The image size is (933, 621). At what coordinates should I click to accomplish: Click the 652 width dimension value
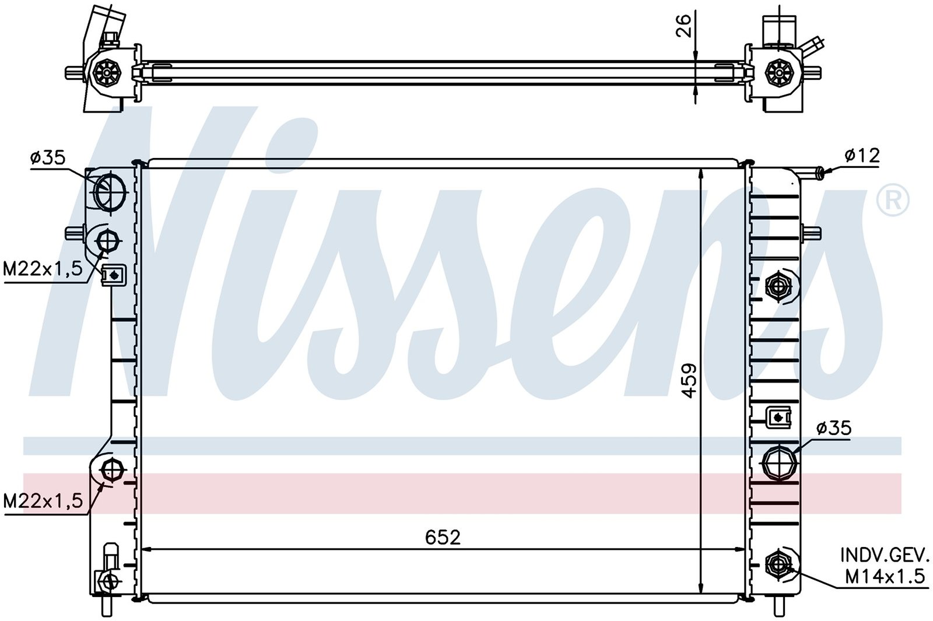coord(443,537)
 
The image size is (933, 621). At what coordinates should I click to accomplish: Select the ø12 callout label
coord(862,156)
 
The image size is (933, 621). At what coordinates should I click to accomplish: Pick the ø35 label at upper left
coord(48,157)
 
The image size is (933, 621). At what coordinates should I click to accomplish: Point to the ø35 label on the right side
coord(834,428)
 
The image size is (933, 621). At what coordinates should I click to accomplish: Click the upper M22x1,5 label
coord(43,269)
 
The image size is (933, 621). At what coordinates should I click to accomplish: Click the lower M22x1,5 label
coord(43,501)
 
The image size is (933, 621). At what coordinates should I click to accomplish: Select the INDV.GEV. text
coord(885,555)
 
